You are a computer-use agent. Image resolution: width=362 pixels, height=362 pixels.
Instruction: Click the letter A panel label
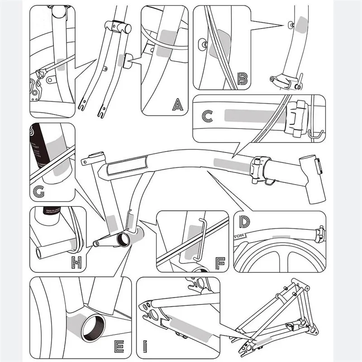178,105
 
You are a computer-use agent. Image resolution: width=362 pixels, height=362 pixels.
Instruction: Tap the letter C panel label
207,116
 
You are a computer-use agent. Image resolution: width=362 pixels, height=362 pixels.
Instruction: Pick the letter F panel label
220,262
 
